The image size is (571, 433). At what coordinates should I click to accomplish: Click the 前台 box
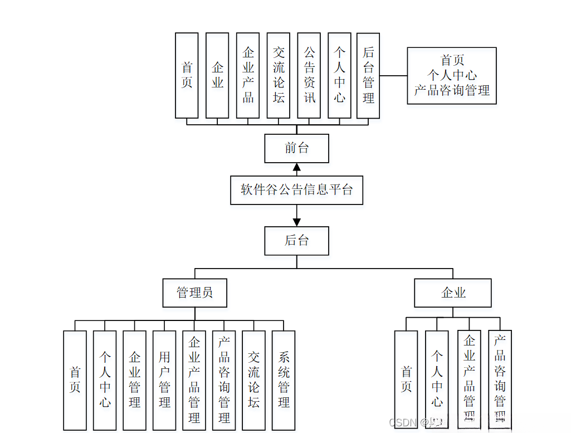tap(296, 148)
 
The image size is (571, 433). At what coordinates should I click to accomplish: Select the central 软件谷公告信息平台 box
tap(296, 190)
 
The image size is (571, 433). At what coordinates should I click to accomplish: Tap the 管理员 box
tap(194, 293)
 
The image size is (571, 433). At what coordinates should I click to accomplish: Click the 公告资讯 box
tap(309, 75)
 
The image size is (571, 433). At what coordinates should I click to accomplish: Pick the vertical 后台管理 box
tap(368, 75)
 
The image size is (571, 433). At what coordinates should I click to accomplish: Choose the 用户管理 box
tap(164, 380)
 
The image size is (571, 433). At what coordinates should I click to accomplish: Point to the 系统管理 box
tap(284, 380)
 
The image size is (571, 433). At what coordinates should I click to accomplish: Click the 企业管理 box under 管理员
tap(134, 380)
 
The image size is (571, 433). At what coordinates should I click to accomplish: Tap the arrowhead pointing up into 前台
tap(297, 167)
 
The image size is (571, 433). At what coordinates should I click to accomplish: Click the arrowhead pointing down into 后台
tap(297, 222)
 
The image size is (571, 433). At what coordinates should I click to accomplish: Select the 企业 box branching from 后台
tap(453, 293)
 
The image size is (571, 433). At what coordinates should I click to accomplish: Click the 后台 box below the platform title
tap(296, 241)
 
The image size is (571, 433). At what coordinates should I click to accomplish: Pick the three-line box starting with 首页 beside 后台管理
tap(452, 75)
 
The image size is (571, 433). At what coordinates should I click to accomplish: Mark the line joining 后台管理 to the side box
tap(393, 75)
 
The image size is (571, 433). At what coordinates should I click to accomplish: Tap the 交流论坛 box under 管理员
tap(253, 380)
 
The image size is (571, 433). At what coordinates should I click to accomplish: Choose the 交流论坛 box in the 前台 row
tap(279, 75)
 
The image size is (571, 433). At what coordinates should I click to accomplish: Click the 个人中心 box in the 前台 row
tap(339, 75)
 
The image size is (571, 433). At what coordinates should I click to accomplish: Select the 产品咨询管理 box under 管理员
tap(224, 380)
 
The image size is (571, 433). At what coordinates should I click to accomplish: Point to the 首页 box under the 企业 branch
tap(406, 380)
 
